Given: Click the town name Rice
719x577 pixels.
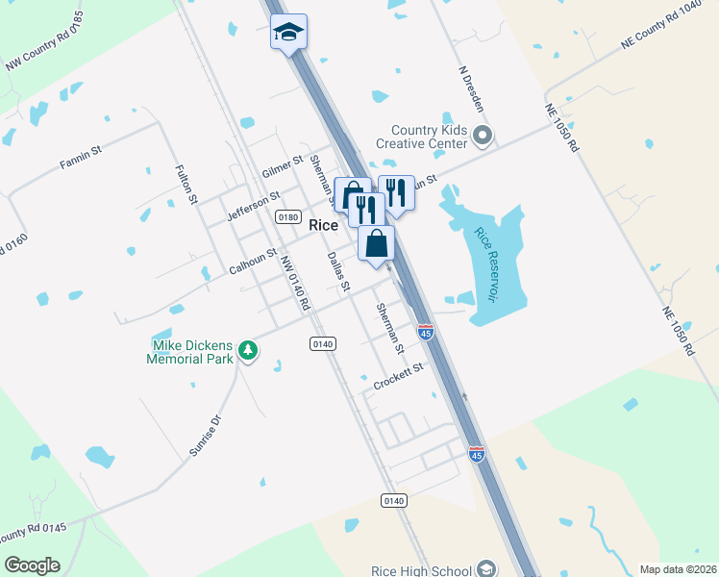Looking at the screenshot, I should (x=323, y=225).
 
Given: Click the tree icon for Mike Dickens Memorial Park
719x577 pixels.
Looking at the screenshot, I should (x=248, y=350).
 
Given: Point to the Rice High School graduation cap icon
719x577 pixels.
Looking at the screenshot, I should (x=485, y=569).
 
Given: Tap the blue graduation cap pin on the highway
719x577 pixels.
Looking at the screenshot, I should (x=288, y=33).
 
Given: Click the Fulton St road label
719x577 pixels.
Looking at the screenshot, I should (x=186, y=185).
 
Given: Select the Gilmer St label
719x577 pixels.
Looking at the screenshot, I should (x=282, y=166).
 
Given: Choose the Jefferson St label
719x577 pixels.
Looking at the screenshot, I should (x=253, y=206).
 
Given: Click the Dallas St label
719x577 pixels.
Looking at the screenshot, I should (x=338, y=271).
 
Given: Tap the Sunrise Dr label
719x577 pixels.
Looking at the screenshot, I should (x=205, y=435).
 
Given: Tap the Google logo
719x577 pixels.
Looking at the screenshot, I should (x=33, y=564).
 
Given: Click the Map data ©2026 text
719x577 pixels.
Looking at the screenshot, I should (x=678, y=569).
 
